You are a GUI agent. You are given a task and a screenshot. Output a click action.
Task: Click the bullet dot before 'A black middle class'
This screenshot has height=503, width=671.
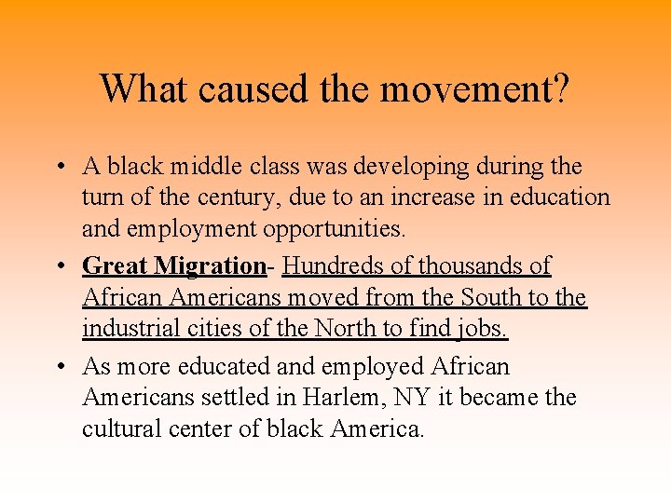click(59, 168)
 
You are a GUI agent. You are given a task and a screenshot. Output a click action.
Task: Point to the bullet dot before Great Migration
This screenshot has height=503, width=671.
click(59, 266)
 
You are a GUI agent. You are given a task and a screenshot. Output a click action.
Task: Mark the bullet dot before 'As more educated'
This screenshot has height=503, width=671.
click(59, 367)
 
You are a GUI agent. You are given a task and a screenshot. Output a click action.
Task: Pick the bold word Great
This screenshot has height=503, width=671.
click(116, 266)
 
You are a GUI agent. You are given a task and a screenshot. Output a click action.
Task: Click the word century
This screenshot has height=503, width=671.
click(238, 197)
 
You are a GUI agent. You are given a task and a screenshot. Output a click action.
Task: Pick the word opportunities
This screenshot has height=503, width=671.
click(349, 228)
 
